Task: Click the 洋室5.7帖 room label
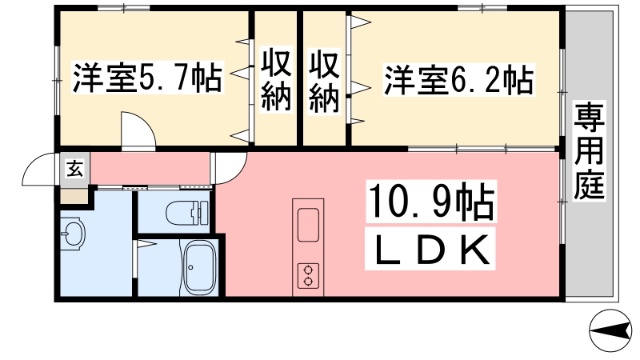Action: coord(147,77)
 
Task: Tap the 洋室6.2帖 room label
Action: coord(458,80)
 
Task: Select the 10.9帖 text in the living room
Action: coord(431,202)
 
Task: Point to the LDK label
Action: coord(430,249)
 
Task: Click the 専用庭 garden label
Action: coord(589,151)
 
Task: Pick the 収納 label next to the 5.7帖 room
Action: coord(276,79)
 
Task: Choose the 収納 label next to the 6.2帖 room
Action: coord(324,82)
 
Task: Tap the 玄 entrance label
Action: coord(74,168)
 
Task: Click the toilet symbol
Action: coord(187,212)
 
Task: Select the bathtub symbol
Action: coord(199,267)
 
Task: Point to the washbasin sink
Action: coord(73,234)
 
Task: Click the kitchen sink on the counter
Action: coord(308,225)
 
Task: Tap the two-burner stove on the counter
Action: coord(308,276)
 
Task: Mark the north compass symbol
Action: coord(610,330)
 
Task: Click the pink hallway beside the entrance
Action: coord(150,168)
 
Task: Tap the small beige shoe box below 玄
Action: coord(74,196)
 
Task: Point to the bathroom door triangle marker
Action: coord(146,244)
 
